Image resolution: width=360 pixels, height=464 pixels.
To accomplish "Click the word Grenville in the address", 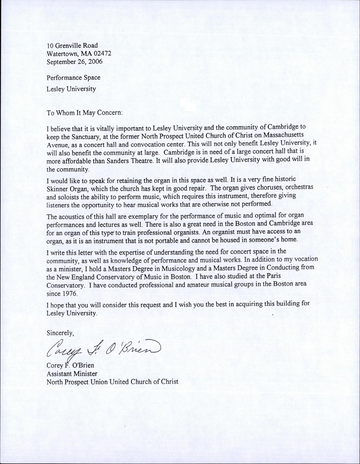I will pos(70,46).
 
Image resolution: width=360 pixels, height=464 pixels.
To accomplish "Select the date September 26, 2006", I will pos(74,61).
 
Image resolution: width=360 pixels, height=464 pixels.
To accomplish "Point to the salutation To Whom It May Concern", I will pos(85,113).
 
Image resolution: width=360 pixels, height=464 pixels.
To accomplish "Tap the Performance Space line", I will pos(74,77).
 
